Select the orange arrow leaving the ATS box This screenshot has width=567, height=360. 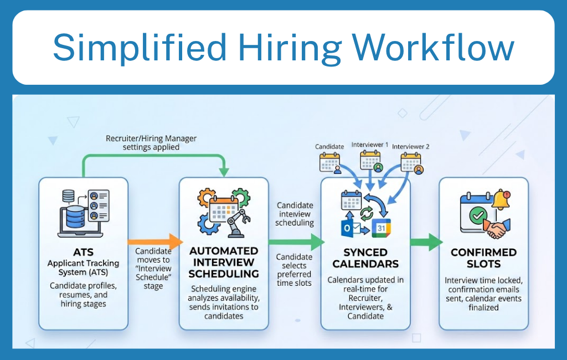[x=155, y=241]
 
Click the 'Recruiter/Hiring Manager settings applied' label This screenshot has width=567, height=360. [x=151, y=143]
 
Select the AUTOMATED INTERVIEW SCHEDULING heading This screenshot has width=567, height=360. [x=224, y=263]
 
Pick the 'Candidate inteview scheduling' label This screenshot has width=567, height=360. [x=295, y=214]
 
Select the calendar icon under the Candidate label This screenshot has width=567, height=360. [x=329, y=162]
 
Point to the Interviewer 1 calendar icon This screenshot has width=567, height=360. [x=370, y=161]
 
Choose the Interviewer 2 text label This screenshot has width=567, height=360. [x=411, y=147]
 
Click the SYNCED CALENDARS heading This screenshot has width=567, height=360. [x=365, y=258]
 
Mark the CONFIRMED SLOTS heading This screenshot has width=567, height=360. [x=483, y=258]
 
